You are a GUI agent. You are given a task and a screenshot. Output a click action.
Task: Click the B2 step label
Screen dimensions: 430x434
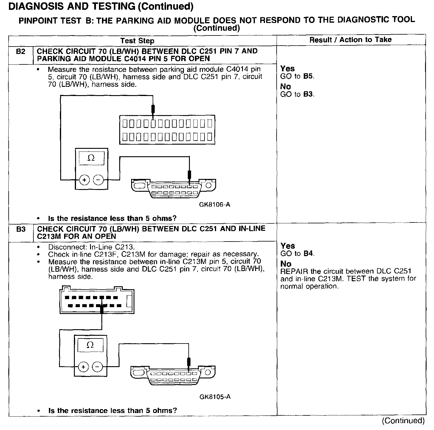(x=21, y=52)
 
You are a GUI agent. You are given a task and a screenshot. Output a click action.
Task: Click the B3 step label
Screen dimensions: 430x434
(x=21, y=229)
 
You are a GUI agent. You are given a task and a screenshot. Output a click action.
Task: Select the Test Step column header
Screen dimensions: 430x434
(x=137, y=41)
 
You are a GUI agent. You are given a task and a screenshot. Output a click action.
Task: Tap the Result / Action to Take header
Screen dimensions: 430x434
(x=350, y=40)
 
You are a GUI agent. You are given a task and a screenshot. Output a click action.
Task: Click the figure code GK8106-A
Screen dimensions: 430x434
(x=215, y=205)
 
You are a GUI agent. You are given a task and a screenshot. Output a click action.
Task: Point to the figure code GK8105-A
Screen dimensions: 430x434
(x=215, y=397)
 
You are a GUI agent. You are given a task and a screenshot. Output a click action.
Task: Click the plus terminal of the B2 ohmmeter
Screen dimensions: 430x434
(x=84, y=180)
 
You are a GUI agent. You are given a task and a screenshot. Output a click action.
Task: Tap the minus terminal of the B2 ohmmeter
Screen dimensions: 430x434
(x=98, y=180)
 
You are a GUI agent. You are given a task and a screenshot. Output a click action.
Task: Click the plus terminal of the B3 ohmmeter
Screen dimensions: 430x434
(x=83, y=367)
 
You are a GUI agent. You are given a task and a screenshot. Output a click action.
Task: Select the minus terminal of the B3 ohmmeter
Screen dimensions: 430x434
(x=97, y=367)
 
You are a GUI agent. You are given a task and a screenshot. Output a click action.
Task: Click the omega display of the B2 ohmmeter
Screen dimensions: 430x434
(x=91, y=158)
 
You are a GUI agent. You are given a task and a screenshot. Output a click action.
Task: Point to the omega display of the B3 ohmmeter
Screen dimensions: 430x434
(x=90, y=345)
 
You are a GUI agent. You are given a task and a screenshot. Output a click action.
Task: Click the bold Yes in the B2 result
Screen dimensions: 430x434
(x=287, y=69)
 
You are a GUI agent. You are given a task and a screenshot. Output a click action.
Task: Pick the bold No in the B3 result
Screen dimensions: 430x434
(x=286, y=264)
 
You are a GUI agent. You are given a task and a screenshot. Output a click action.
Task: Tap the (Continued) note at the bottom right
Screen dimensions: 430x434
(x=403, y=420)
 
